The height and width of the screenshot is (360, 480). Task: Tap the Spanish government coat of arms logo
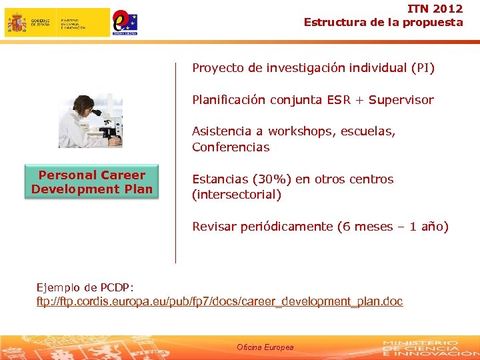(17, 23)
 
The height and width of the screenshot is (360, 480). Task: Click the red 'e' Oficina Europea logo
(125, 21)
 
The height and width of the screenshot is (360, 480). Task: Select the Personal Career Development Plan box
(92, 182)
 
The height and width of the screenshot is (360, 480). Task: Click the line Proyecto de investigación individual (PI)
(313, 67)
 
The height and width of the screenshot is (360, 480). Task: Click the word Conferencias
(231, 147)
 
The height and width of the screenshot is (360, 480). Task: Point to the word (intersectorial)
(237, 195)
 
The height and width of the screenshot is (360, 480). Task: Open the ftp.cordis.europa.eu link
(219, 301)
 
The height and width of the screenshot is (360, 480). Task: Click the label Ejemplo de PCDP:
(85, 287)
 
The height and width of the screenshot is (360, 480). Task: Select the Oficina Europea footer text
(265, 347)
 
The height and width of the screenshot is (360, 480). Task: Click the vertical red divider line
(175, 163)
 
